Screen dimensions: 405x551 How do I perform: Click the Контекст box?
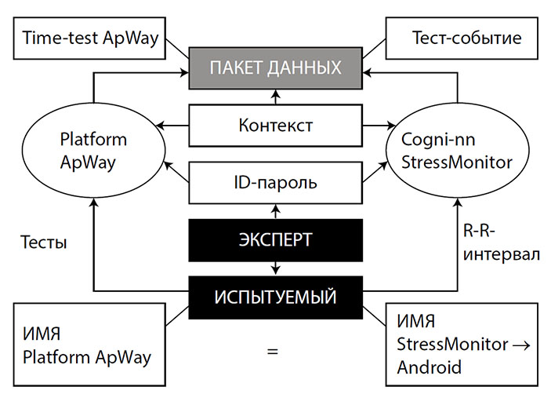coord(275,125)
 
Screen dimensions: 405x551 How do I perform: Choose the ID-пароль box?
coord(275,184)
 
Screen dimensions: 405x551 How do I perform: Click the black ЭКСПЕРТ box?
coord(275,240)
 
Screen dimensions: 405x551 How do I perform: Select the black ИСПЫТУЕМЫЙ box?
coord(275,297)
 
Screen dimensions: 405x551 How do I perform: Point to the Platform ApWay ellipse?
coord(93,151)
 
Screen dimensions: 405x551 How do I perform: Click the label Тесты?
coord(44,243)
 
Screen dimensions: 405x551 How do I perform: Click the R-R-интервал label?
coord(502,244)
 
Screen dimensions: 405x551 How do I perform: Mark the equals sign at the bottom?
coord(272,351)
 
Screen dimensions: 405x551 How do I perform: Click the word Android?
coord(430,367)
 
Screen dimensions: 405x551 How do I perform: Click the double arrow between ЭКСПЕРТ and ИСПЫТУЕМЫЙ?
coord(275,268)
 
